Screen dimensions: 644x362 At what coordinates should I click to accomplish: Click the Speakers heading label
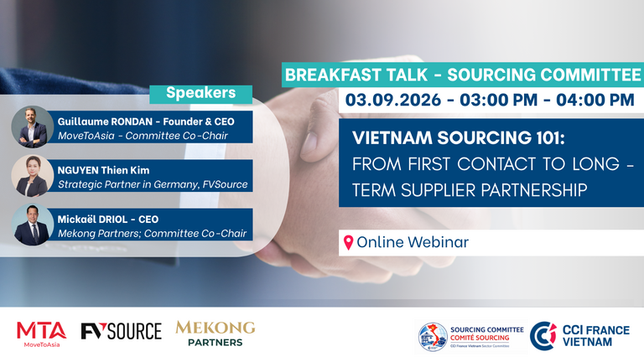[x=201, y=93]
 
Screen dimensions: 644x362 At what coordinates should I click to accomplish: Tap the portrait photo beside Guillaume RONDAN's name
[x=33, y=127]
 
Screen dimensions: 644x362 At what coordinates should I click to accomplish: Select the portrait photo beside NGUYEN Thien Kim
[x=33, y=176]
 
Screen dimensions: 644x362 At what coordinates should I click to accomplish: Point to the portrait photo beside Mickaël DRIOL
[x=33, y=225]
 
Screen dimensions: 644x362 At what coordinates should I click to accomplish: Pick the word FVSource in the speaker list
[x=225, y=184]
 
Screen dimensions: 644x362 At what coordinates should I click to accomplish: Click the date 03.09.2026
[x=393, y=100]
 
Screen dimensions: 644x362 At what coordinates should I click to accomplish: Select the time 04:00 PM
[x=595, y=100]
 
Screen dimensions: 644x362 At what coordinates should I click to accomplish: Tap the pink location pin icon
[x=348, y=242]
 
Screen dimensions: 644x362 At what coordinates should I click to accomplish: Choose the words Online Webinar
[x=413, y=242]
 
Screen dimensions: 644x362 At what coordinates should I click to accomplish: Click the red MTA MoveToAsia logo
[x=41, y=334]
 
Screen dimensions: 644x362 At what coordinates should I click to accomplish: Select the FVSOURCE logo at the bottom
[x=121, y=331]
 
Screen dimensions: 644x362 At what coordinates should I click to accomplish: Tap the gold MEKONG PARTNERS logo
[x=216, y=334]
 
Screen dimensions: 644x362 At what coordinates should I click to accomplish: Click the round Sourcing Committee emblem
[x=433, y=337]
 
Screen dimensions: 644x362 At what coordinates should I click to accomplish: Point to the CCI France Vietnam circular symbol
[x=543, y=336]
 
